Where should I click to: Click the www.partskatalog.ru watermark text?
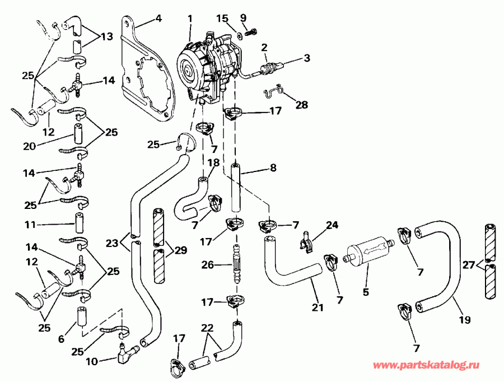(427, 365)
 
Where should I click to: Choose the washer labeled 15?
(239, 35)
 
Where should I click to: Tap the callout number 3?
(307, 58)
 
